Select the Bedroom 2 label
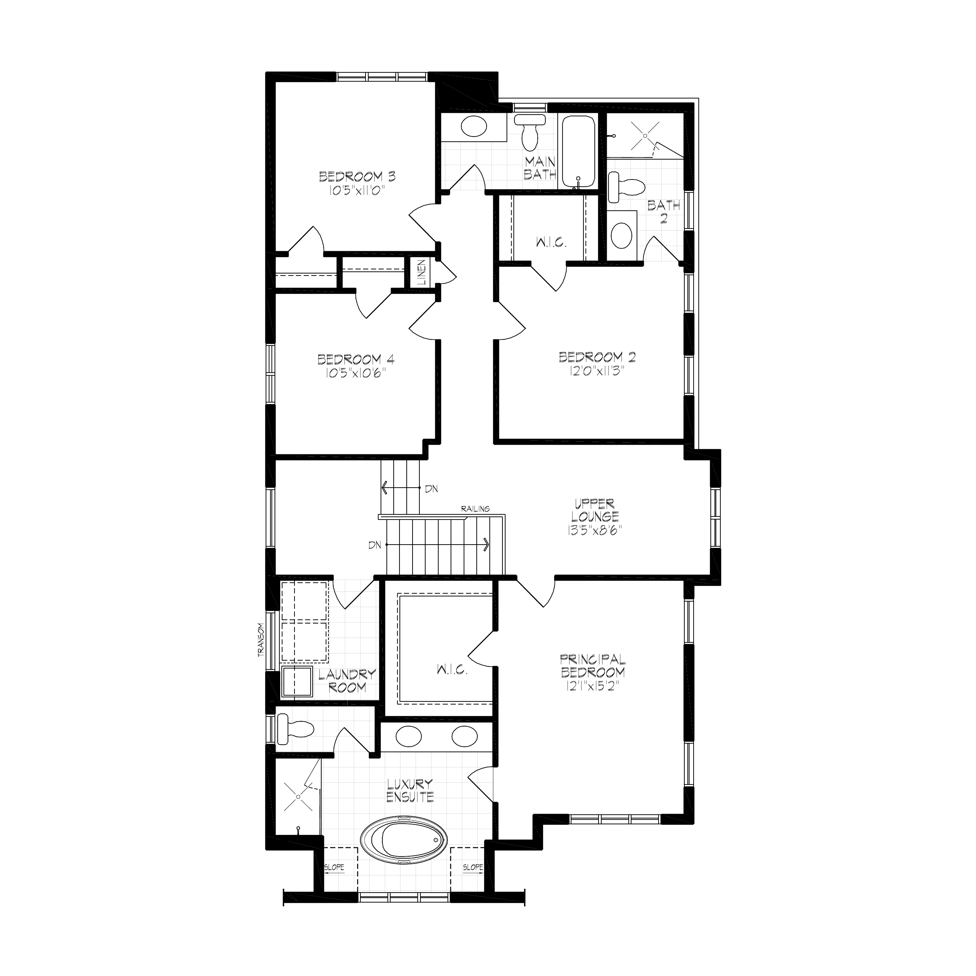pyautogui.click(x=597, y=357)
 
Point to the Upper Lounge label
pyautogui.click(x=595, y=510)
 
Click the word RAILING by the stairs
pyautogui.click(x=475, y=509)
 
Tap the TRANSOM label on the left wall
pyautogui.click(x=261, y=640)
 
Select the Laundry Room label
pyautogui.click(x=347, y=681)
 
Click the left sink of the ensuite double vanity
pyautogui.click(x=409, y=736)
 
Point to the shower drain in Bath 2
pyautogui.click(x=646, y=136)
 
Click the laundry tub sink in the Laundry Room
pyautogui.click(x=298, y=682)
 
